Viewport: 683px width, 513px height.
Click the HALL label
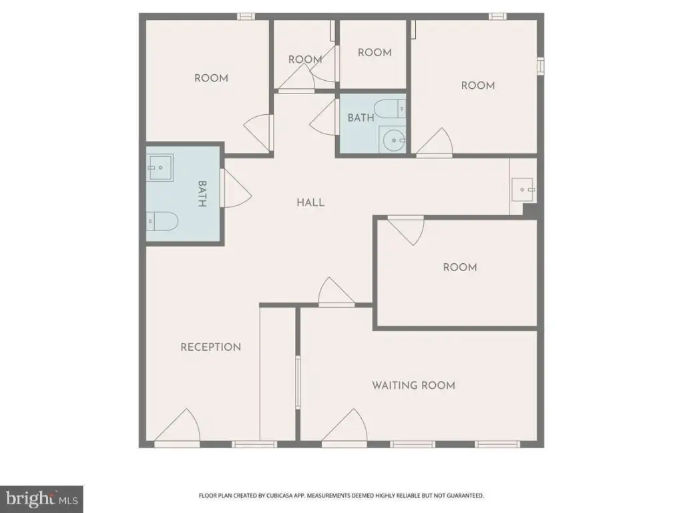(x=310, y=202)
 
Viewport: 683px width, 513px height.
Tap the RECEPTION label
(x=211, y=347)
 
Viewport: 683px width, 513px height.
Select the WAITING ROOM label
(x=413, y=385)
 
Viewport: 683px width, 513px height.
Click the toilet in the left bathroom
(x=162, y=221)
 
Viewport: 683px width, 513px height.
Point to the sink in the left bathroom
(x=160, y=168)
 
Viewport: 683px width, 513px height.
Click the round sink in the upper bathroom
(x=393, y=140)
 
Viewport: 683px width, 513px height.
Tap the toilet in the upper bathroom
(x=390, y=108)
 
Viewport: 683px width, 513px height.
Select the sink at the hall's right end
(x=523, y=190)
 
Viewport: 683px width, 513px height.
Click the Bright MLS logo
(x=41, y=499)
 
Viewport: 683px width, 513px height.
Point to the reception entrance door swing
(x=178, y=425)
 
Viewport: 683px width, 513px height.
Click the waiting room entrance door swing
(x=345, y=425)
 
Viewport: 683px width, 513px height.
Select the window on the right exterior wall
(x=540, y=66)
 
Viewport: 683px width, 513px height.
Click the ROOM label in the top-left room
(x=211, y=78)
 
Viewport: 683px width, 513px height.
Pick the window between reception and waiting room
(x=298, y=382)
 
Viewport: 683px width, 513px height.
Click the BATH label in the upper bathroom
(x=361, y=118)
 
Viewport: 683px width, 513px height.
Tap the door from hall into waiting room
(x=336, y=291)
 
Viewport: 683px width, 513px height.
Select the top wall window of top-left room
(x=246, y=17)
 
